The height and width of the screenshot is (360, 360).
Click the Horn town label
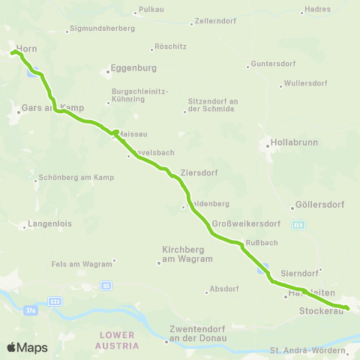coord(25,48)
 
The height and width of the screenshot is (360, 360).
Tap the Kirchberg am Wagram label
coord(187,254)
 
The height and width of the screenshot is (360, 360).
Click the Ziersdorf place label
coord(199,172)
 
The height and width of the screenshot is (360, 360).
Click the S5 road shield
coord(107,286)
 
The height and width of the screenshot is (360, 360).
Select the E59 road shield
coord(298,223)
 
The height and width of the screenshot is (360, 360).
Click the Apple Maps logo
coord(27,347)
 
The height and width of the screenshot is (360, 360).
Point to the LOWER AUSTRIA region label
coord(117,340)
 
